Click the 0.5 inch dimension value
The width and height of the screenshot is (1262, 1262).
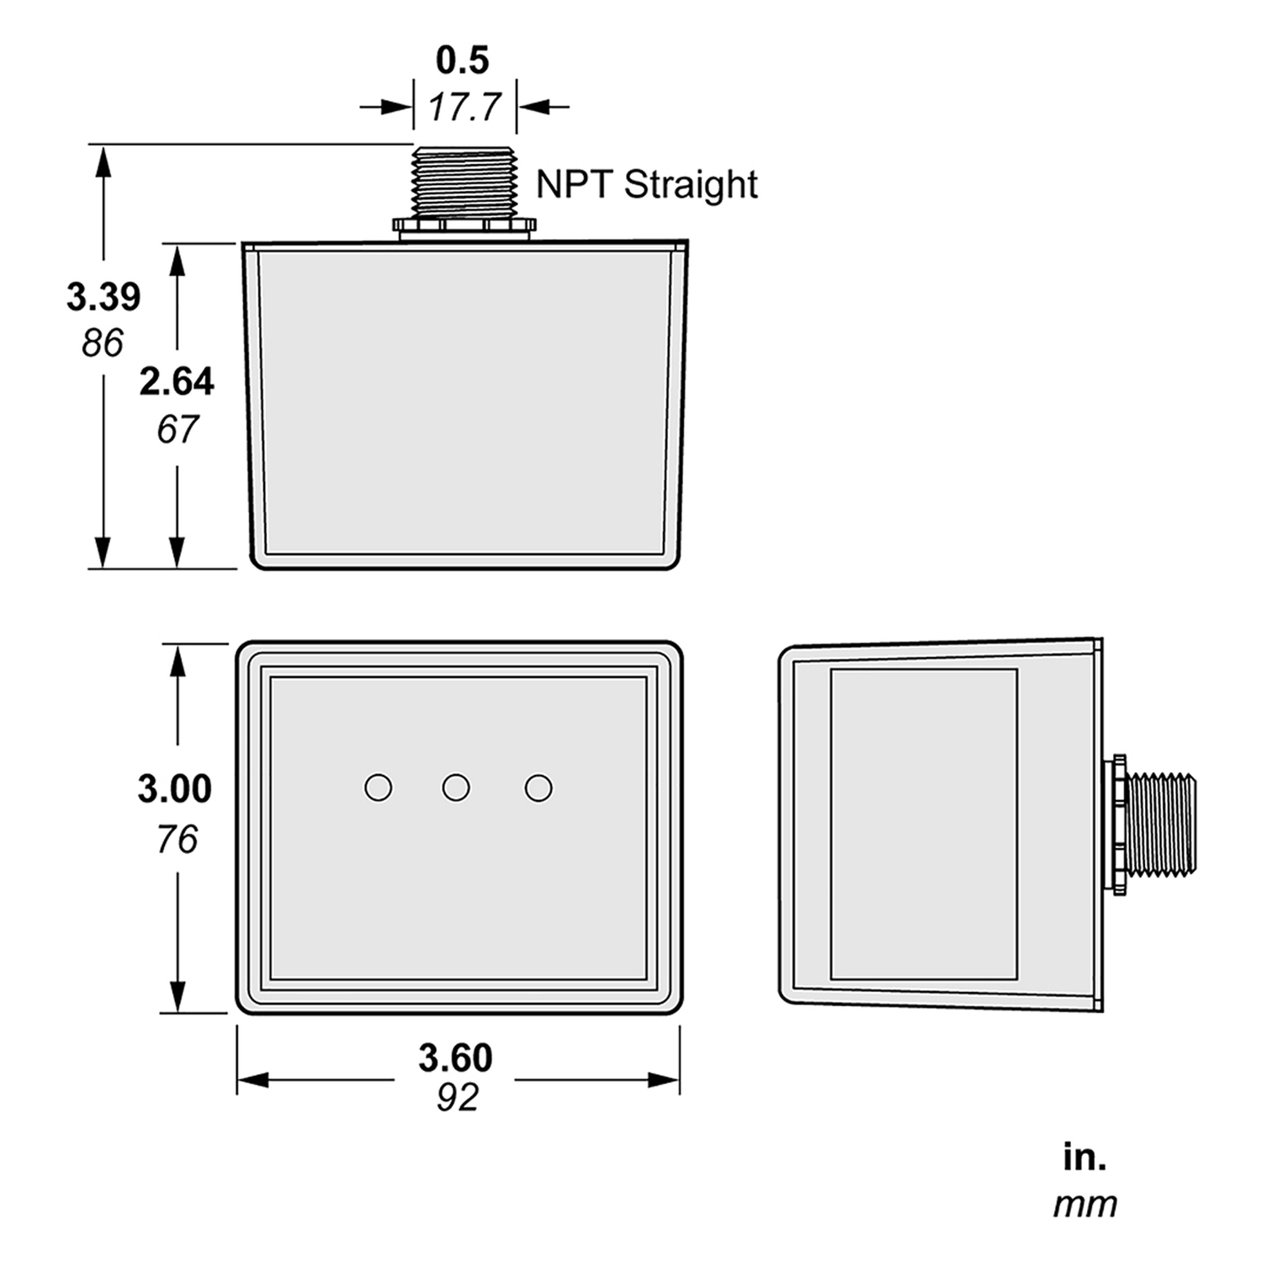463,60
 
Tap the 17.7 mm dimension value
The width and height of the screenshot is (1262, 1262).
464,107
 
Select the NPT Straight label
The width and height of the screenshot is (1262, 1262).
647,184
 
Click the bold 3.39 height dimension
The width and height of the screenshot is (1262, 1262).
103,297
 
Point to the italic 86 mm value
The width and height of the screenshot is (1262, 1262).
103,342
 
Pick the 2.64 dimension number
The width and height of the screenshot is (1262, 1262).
177,382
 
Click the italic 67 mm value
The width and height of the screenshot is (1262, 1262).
177,429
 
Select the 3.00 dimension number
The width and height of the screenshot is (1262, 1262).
175,789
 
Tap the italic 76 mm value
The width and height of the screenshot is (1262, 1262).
177,839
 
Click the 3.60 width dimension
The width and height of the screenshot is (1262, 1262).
456,1058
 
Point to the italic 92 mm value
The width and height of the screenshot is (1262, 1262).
458,1097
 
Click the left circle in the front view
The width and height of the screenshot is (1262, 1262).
378,787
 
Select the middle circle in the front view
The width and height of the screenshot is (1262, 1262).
456,787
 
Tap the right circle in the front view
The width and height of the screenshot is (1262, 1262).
538,788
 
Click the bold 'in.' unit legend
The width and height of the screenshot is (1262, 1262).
1084,1159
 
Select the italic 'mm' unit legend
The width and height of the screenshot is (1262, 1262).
1085,1205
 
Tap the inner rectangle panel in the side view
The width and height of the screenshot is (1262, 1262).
924,825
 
